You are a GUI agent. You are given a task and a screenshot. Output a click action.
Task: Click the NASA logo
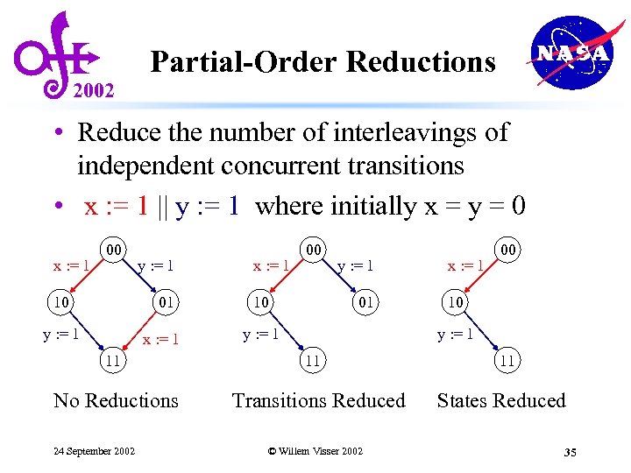point(571,53)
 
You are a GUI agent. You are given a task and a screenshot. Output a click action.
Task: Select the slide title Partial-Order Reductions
point(323,62)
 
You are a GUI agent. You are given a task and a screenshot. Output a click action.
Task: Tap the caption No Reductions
point(116,401)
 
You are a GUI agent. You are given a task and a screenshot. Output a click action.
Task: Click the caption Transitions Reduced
point(318,401)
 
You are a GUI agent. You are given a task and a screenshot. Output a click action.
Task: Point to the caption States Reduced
point(501,401)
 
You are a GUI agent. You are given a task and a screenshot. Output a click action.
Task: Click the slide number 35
point(570,452)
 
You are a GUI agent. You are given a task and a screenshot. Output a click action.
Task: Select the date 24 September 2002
point(94,451)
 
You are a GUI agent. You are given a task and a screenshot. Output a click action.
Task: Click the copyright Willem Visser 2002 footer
point(315,451)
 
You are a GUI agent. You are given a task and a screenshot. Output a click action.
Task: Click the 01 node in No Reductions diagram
point(166,303)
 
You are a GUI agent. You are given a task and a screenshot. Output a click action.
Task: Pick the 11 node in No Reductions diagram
point(113,359)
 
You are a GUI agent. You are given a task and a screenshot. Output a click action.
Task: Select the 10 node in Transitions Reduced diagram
point(260,303)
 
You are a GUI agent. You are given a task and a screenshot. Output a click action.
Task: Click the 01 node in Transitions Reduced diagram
point(365,303)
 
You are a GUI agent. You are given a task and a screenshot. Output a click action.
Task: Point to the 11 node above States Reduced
point(506,359)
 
